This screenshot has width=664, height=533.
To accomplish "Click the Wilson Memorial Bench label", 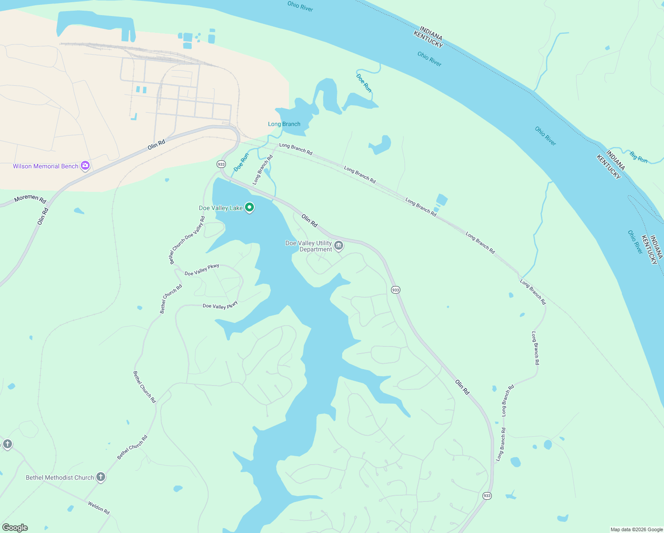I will tap(45, 166).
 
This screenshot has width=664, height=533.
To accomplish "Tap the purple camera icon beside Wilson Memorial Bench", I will tap(85, 166).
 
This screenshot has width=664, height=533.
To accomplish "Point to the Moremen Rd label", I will tap(30, 199).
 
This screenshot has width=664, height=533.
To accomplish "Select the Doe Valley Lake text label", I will tap(221, 208).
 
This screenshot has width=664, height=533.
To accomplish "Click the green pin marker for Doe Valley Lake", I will tap(249, 207).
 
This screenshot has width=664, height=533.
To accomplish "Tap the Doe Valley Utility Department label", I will tap(309, 246).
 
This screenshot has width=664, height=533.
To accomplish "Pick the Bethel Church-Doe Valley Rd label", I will tap(187, 240).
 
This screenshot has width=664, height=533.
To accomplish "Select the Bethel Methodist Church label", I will tap(60, 477).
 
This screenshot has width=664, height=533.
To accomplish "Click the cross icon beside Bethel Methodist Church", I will tap(101, 477).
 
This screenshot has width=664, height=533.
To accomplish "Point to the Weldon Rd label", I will tap(99, 508).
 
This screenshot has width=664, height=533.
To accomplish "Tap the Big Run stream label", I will tap(639, 157).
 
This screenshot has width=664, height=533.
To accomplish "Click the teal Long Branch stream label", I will tap(284, 124).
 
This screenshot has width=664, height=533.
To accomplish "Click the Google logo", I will tap(15, 528).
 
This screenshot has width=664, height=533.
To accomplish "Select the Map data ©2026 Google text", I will tap(636, 529).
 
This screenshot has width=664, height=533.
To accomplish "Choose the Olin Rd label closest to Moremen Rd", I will tap(43, 216).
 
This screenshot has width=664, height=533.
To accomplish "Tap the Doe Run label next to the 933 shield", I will tap(241, 162).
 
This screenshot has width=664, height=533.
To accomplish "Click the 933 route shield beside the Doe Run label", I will tap(221, 164).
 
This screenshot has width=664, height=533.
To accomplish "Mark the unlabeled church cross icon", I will tap(7, 444).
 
